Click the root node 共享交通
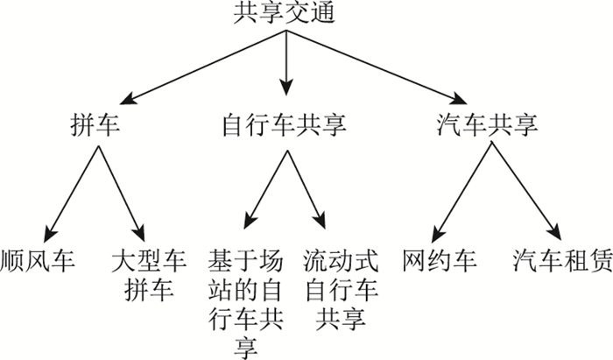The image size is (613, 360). pyautogui.click(x=285, y=13)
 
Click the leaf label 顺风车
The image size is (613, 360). pyautogui.click(x=38, y=261)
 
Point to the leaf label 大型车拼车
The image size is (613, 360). pyautogui.click(x=144, y=274)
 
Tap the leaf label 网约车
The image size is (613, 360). pyautogui.click(x=438, y=261)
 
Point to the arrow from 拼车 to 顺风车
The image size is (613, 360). pyautogui.click(x=75, y=188)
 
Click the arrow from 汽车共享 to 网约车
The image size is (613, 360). pyautogui.click(x=464, y=188)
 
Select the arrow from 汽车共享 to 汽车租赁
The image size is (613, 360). pyautogui.click(x=525, y=188)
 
